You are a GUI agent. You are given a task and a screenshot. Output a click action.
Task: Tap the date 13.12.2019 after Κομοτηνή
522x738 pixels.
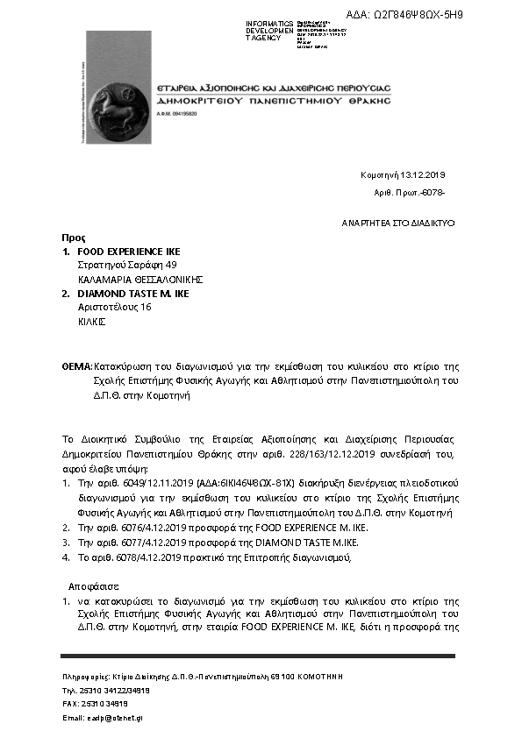click(x=425, y=174)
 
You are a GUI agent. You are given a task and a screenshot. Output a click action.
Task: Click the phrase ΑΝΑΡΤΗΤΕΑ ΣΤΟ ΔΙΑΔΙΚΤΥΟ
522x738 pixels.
click(x=398, y=224)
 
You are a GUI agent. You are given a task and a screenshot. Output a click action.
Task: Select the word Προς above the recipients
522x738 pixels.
click(x=73, y=238)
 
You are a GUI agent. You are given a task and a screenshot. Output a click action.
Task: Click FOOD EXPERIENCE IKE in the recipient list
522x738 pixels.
click(x=129, y=252)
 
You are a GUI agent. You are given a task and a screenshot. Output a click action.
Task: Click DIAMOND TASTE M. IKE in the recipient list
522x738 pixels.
click(x=132, y=294)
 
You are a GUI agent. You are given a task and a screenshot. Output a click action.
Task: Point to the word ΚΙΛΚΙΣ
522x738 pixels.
click(x=92, y=322)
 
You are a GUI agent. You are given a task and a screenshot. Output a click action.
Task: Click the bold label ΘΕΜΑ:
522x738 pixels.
click(x=77, y=365)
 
